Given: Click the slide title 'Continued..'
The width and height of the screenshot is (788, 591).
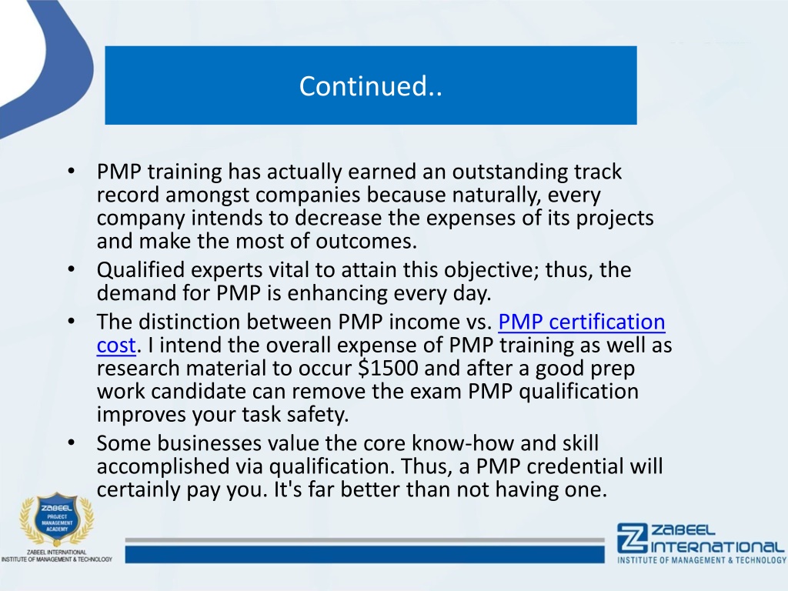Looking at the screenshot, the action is coord(370,86).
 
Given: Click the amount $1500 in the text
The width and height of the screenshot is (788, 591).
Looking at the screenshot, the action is coord(388,368).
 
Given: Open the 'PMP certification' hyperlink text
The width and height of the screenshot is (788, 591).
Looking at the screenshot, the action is coord(582,322).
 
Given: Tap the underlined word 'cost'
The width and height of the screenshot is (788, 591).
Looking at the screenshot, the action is coord(116,346).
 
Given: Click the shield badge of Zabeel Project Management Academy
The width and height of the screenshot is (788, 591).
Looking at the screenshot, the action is coord(57,519).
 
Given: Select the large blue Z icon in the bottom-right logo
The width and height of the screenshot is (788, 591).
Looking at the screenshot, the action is coord(632,538).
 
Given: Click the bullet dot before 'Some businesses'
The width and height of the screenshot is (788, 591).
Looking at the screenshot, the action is coord(72,442).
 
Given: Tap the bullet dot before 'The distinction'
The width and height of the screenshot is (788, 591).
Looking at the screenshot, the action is coord(72,321).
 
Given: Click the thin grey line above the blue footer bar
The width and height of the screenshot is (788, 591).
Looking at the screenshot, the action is coord(365,540).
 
